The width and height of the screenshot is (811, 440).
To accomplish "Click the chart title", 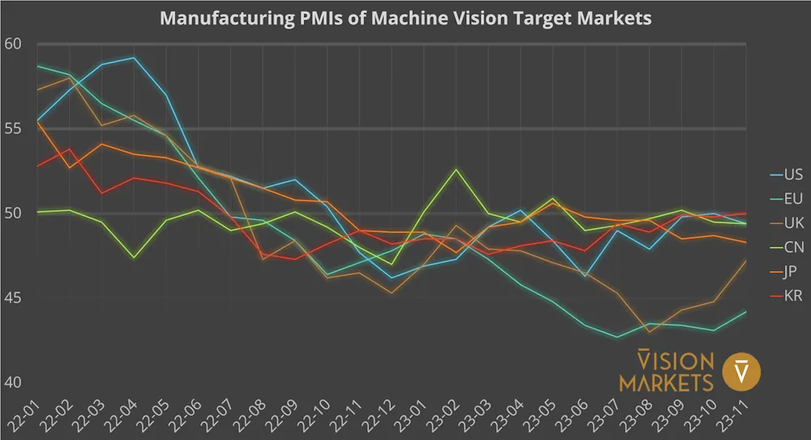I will pyautogui.click(x=405, y=18).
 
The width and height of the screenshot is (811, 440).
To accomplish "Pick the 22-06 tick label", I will pyautogui.click(x=196, y=415).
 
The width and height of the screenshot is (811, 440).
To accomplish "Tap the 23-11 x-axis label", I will pyautogui.click(x=733, y=415).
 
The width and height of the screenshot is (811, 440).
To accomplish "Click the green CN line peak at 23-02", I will pyautogui.click(x=457, y=169).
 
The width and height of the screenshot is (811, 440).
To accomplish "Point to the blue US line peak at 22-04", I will pyautogui.click(x=133, y=58).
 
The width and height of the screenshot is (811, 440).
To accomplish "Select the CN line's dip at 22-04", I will pyautogui.click(x=133, y=257).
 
